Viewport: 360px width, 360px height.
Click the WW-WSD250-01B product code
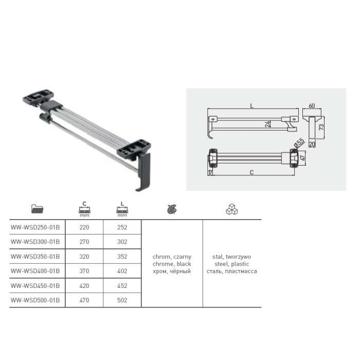[35, 227]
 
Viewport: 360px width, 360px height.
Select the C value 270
[84, 242]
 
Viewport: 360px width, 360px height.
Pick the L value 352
[122, 257]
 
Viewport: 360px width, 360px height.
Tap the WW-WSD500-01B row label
[35, 300]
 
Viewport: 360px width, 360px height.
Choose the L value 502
[122, 300]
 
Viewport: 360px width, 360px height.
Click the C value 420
[84, 286]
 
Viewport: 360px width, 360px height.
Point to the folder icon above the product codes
[37, 209]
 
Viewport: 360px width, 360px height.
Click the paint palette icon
[172, 209]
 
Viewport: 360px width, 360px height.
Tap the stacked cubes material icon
[231, 209]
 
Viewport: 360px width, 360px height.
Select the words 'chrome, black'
[172, 264]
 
